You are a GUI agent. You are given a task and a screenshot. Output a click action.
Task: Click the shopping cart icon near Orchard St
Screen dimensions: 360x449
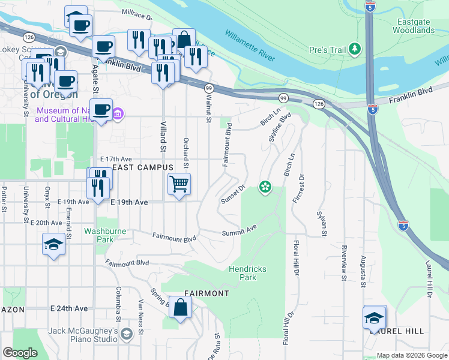coord(179,184)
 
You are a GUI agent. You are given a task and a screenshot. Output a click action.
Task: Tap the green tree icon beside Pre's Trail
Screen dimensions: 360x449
coord(356,48)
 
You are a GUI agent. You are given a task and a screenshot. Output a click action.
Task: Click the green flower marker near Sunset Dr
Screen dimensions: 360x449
coord(264,188)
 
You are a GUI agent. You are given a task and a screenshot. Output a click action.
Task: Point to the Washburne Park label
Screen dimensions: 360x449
coord(107,235)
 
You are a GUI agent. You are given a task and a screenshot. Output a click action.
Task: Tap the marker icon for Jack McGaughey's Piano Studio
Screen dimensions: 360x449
coord(126,334)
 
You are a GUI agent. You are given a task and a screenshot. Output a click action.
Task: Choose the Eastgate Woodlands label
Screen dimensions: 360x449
coord(412,26)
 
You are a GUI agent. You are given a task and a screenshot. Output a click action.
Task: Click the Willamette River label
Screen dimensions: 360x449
coord(251,46)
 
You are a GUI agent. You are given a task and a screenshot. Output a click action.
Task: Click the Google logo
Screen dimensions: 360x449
coord(20,353)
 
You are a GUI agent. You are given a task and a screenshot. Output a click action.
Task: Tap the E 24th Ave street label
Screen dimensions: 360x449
coord(69,308)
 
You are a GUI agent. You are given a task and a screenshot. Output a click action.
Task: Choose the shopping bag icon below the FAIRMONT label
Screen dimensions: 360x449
coord(180,308)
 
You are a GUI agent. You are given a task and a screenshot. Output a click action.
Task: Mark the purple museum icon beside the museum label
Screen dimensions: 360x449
coord(118,114)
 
